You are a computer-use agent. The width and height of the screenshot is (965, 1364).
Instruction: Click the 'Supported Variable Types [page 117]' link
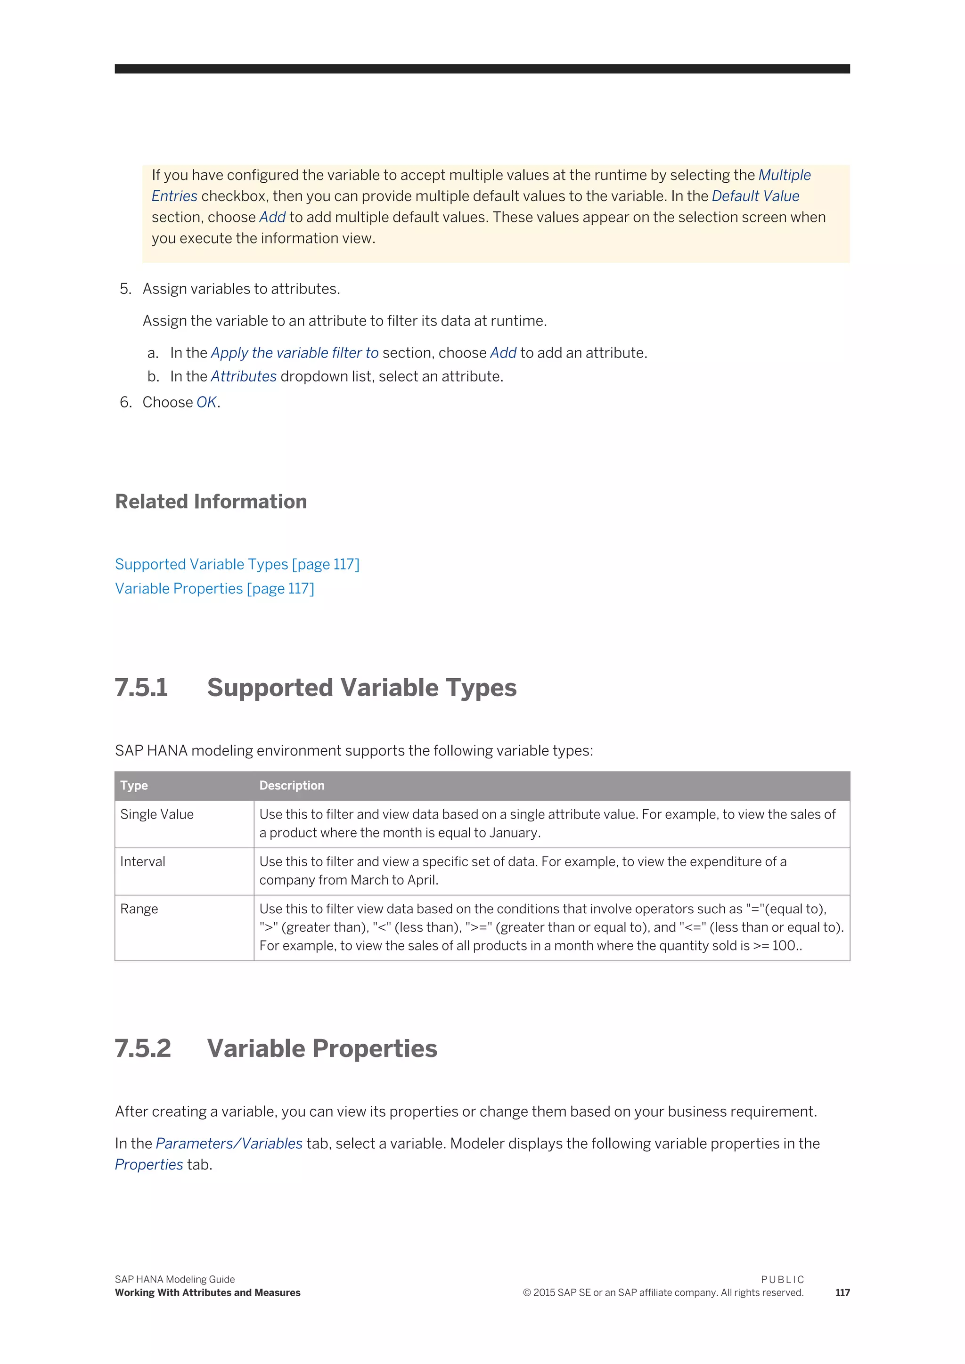click(x=237, y=564)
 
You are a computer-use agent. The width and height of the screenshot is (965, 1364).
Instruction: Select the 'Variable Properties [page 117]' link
click(x=214, y=588)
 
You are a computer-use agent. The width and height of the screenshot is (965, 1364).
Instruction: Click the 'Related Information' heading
click(x=211, y=502)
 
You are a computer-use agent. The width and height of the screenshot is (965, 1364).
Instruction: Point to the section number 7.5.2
click(x=143, y=1048)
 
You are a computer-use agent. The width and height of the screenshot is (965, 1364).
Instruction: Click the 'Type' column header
click(x=134, y=785)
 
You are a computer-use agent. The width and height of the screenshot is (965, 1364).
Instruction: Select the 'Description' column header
click(x=292, y=785)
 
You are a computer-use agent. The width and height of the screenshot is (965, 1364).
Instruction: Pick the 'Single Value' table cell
click(x=157, y=814)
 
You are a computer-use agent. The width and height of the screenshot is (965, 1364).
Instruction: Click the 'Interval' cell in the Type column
click(x=143, y=861)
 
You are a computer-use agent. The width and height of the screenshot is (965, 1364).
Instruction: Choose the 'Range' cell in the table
click(x=139, y=909)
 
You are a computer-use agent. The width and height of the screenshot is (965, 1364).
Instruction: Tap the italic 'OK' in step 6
click(x=206, y=402)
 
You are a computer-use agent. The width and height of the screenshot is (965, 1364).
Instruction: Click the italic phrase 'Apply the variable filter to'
click(x=294, y=353)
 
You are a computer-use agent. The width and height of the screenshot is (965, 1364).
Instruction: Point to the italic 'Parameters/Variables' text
click(x=229, y=1143)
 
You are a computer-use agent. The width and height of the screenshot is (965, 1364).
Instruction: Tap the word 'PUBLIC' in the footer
click(x=782, y=1279)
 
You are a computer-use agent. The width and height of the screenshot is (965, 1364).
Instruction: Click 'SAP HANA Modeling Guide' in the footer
click(x=175, y=1279)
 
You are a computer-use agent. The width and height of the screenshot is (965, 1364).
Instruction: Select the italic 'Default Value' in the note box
click(x=755, y=196)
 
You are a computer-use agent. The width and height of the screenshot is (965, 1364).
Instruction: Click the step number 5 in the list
click(x=125, y=289)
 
